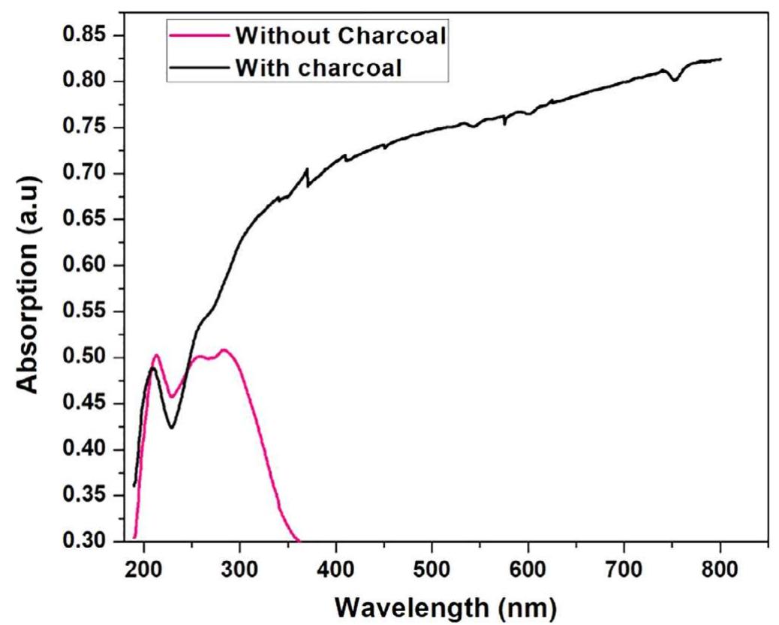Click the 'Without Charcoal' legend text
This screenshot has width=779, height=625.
point(340,35)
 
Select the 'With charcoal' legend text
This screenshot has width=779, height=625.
point(319,68)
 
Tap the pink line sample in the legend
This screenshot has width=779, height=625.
point(199,36)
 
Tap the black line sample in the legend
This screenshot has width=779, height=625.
point(199,68)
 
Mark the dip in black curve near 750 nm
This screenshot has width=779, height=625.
point(675,80)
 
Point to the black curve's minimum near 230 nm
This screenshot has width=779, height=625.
point(172,428)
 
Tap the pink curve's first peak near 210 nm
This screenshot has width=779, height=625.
point(157,355)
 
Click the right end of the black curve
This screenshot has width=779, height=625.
point(720,59)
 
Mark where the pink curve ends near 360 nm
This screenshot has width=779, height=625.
point(299,540)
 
